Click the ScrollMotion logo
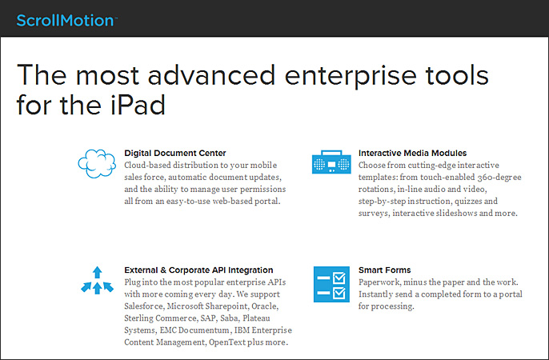[66, 20]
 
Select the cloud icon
[97, 163]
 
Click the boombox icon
[331, 162]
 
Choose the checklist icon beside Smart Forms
[331, 284]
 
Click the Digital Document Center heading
[175, 154]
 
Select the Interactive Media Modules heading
[412, 154]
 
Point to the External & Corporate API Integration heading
[198, 270]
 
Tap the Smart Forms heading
[384, 270]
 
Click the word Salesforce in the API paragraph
[144, 306]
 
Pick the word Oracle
[265, 306]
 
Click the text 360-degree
[499, 178]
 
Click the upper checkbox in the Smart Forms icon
[339, 278]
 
